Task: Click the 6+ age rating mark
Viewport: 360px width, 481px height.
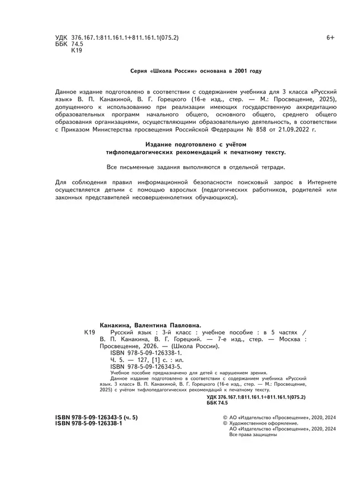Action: coord(330,38)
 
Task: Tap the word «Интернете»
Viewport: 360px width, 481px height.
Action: coord(318,182)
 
